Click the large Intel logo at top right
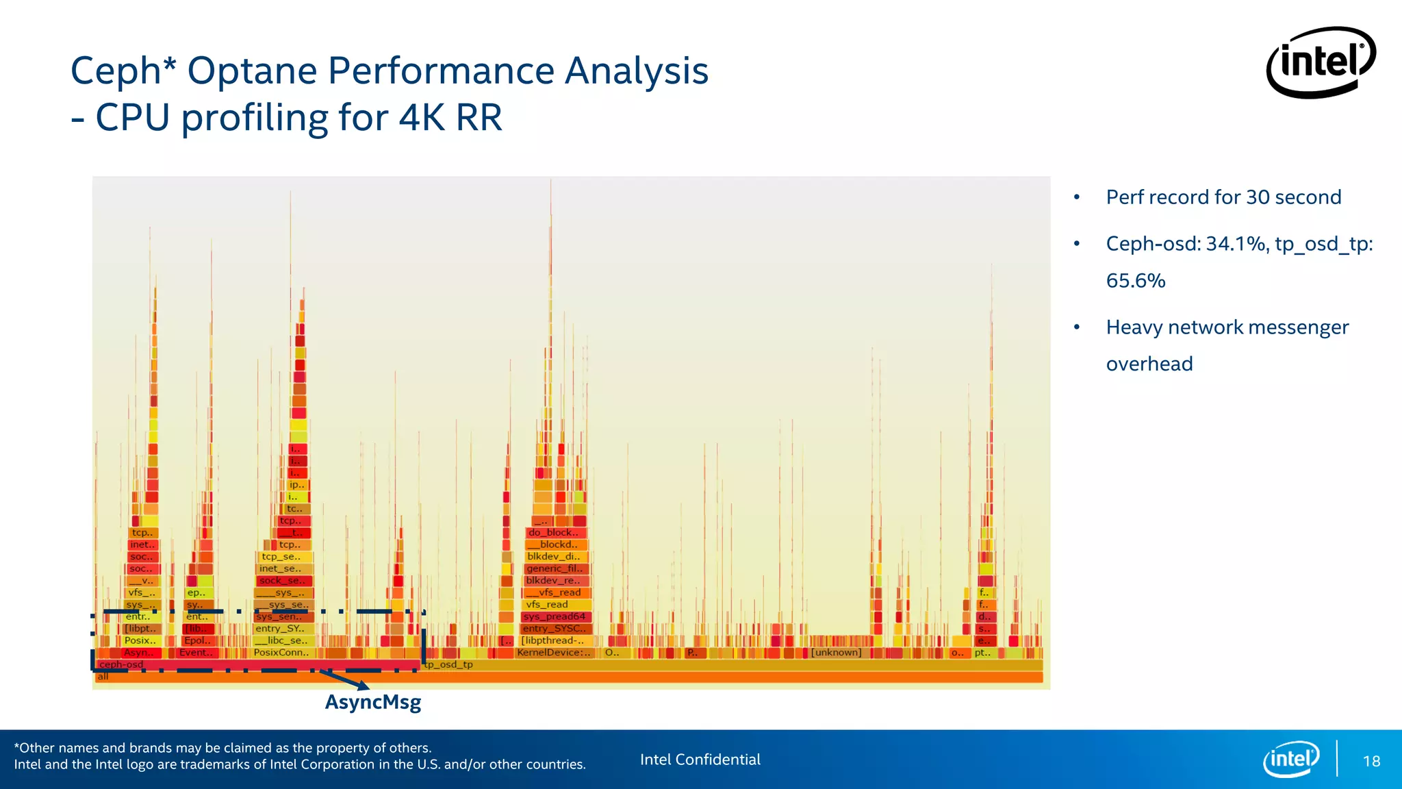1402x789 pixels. click(x=1321, y=62)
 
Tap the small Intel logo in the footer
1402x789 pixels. click(x=1290, y=759)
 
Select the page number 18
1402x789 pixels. click(x=1371, y=761)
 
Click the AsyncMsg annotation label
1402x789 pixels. click(x=373, y=702)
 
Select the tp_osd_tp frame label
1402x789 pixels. click(x=449, y=664)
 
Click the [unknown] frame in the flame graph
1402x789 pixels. click(x=836, y=653)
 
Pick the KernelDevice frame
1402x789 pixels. click(x=553, y=653)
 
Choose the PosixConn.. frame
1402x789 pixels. click(x=281, y=653)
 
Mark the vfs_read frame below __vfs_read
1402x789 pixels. click(x=548, y=604)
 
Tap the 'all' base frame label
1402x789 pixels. click(x=103, y=677)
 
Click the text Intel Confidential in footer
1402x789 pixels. click(x=700, y=760)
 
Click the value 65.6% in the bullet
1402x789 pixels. click(x=1135, y=281)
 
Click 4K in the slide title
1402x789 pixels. click(x=422, y=118)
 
